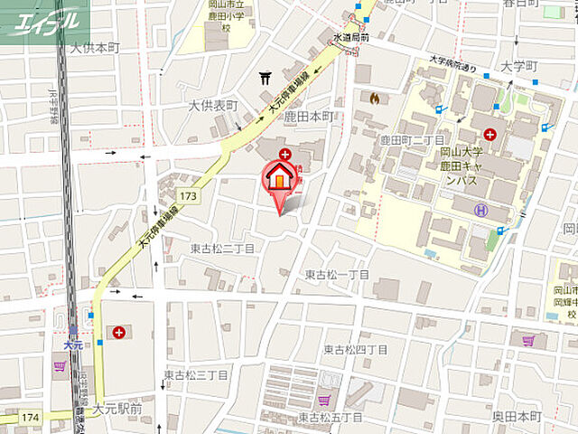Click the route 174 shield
[x=30, y=417]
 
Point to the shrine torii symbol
[x=265, y=79]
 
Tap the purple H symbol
[x=481, y=210]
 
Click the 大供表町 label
[x=213, y=106]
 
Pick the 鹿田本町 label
[x=308, y=118]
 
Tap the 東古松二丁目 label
[x=222, y=247]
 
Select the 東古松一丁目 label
[x=337, y=274]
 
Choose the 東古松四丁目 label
[x=355, y=349]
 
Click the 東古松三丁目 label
[x=196, y=374]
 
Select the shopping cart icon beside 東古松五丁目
[x=323, y=399]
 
